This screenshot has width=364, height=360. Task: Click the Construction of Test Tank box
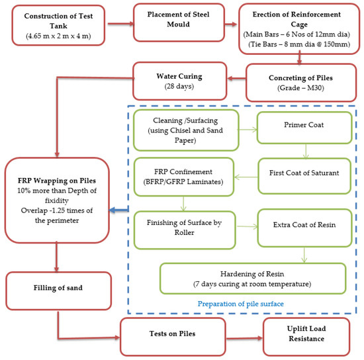[58, 25]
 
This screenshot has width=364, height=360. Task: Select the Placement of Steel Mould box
[179, 22]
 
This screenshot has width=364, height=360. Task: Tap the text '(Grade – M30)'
[300, 88]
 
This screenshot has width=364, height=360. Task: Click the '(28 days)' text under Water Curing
[179, 86]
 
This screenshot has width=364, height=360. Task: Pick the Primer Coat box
[304, 128]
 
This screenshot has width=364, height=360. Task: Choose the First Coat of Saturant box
[304, 176]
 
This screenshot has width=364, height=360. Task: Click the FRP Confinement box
[183, 177]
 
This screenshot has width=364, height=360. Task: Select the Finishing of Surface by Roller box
[185, 230]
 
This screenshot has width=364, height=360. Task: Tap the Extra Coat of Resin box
[304, 228]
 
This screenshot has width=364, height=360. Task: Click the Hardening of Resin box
[253, 279]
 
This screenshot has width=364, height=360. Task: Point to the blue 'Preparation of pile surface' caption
[241, 304]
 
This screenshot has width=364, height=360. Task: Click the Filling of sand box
[58, 291]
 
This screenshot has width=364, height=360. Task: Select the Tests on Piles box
[173, 337]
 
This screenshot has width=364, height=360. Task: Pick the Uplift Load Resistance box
[306, 337]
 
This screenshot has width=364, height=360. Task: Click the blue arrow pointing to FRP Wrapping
[118, 210]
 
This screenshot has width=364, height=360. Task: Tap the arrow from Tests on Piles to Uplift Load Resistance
[244, 338]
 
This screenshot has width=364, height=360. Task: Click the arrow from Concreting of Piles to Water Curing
[236, 78]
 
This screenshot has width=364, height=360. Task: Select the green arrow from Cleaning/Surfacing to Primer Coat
[248, 130]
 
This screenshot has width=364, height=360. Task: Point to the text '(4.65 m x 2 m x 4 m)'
[58, 36]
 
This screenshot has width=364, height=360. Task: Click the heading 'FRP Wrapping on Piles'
[57, 181]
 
